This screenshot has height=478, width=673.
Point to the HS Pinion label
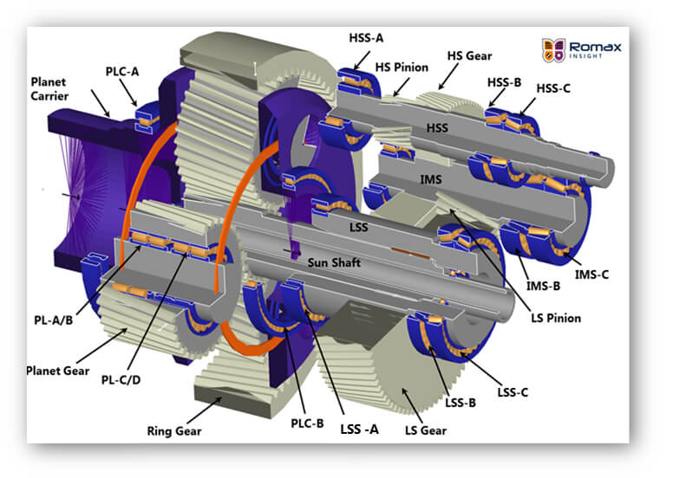pos(402,66)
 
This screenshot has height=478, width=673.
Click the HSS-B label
pos(504,82)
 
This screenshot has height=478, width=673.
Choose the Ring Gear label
pos(173,429)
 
